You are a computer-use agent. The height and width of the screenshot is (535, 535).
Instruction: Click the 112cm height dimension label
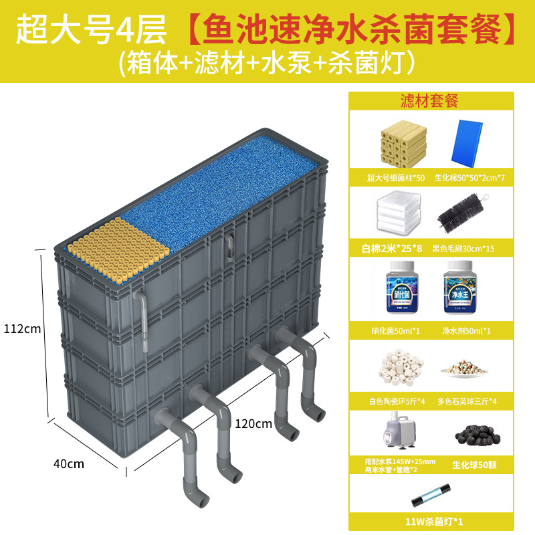[x=23, y=329]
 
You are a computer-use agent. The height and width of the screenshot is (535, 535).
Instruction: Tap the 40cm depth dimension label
[x=68, y=463]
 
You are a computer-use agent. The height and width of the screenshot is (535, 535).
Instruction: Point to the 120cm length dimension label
[x=253, y=423]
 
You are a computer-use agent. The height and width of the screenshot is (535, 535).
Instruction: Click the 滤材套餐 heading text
[x=429, y=101]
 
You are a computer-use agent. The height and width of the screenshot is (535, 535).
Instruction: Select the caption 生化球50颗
[x=468, y=464]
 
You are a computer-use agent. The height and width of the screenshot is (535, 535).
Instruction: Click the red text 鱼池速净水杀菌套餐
[x=349, y=31]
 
